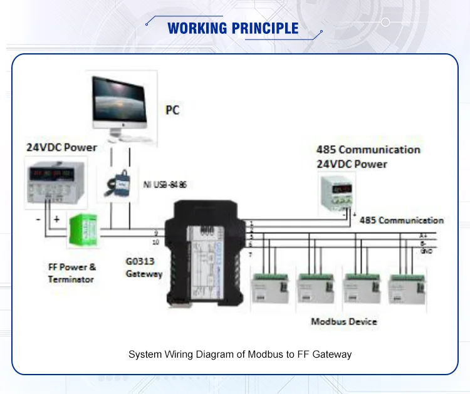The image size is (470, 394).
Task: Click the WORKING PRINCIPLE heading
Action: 233,28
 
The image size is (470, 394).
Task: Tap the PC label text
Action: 172,110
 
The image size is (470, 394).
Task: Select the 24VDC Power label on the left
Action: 61,147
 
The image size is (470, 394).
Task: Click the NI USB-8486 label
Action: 165,185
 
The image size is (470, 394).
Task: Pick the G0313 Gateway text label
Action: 144,269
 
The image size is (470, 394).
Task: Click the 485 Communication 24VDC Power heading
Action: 368,157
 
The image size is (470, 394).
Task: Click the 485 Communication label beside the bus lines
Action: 401,220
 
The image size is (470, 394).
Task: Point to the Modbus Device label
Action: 344,321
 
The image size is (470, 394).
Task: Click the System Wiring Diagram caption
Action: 240,355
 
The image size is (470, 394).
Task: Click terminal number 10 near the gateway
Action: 155,242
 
